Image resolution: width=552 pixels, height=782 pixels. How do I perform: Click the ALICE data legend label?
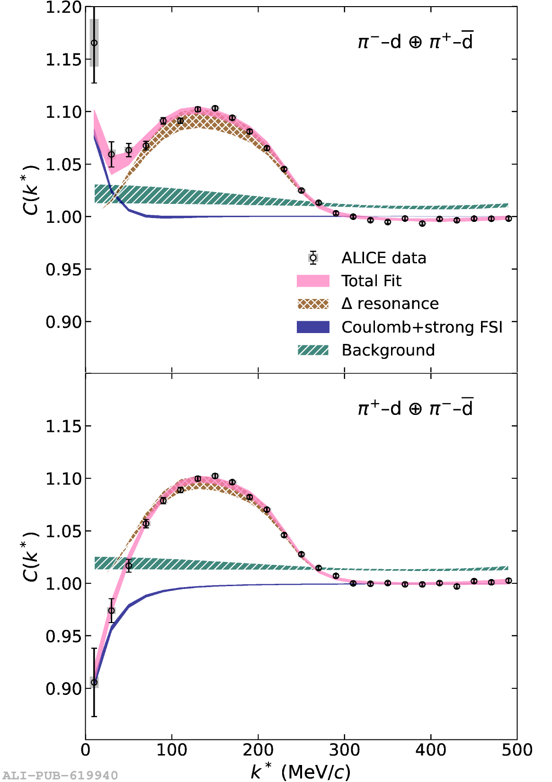click(x=383, y=258)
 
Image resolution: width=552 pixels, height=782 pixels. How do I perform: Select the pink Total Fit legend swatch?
click(x=313, y=281)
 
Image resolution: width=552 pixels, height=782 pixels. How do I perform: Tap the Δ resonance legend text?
click(x=390, y=304)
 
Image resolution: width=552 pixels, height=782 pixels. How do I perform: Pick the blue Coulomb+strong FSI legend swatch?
click(x=313, y=327)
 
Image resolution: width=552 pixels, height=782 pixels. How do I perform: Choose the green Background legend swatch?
click(x=313, y=350)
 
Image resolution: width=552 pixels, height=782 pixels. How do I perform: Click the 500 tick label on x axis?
click(x=517, y=750)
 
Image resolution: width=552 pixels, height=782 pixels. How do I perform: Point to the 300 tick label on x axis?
click(x=344, y=750)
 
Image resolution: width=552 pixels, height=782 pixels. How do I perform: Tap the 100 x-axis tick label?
click(x=171, y=750)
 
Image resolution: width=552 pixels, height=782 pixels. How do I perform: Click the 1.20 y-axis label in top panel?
click(x=63, y=8)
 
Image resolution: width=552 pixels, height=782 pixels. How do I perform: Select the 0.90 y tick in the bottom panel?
click(x=63, y=689)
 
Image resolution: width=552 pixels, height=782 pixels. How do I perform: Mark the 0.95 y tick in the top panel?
click(x=63, y=270)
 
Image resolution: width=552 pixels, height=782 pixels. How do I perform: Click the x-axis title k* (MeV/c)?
click(x=301, y=772)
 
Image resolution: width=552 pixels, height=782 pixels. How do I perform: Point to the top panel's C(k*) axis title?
click(x=30, y=190)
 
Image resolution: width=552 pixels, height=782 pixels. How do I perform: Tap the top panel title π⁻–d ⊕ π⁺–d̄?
click(x=415, y=42)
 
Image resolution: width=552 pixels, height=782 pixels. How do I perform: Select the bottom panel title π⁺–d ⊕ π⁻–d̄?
click(x=415, y=408)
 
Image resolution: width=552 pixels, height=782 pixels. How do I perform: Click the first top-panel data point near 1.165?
click(x=94, y=43)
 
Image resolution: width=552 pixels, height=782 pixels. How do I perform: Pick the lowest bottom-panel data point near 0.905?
click(x=94, y=682)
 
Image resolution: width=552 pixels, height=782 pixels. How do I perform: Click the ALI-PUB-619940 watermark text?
click(x=60, y=775)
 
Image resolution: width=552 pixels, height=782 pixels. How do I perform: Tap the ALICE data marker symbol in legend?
click(x=313, y=258)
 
